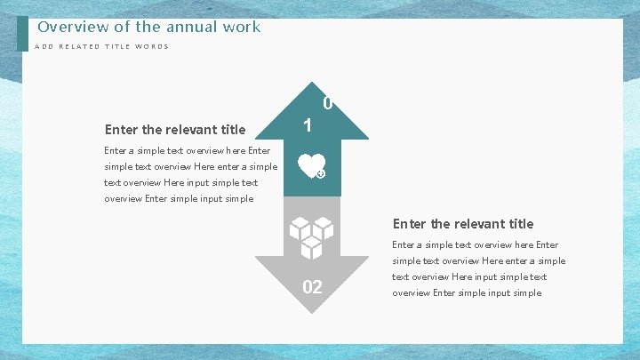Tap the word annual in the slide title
tap(188, 27)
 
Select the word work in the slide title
tap(242, 27)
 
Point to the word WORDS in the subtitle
tap(152, 47)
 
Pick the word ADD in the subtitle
tap(44, 47)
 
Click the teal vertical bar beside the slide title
tap(22, 35)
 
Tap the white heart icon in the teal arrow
tap(309, 164)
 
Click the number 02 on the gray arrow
tap(312, 287)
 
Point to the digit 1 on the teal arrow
tap(307, 126)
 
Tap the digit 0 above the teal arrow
tap(327, 104)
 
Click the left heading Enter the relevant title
tap(175, 130)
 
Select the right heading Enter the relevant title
tap(463, 224)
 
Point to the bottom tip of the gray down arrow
tap(312, 312)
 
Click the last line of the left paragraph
tap(179, 199)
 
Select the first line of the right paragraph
tap(476, 245)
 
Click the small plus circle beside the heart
tap(321, 173)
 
